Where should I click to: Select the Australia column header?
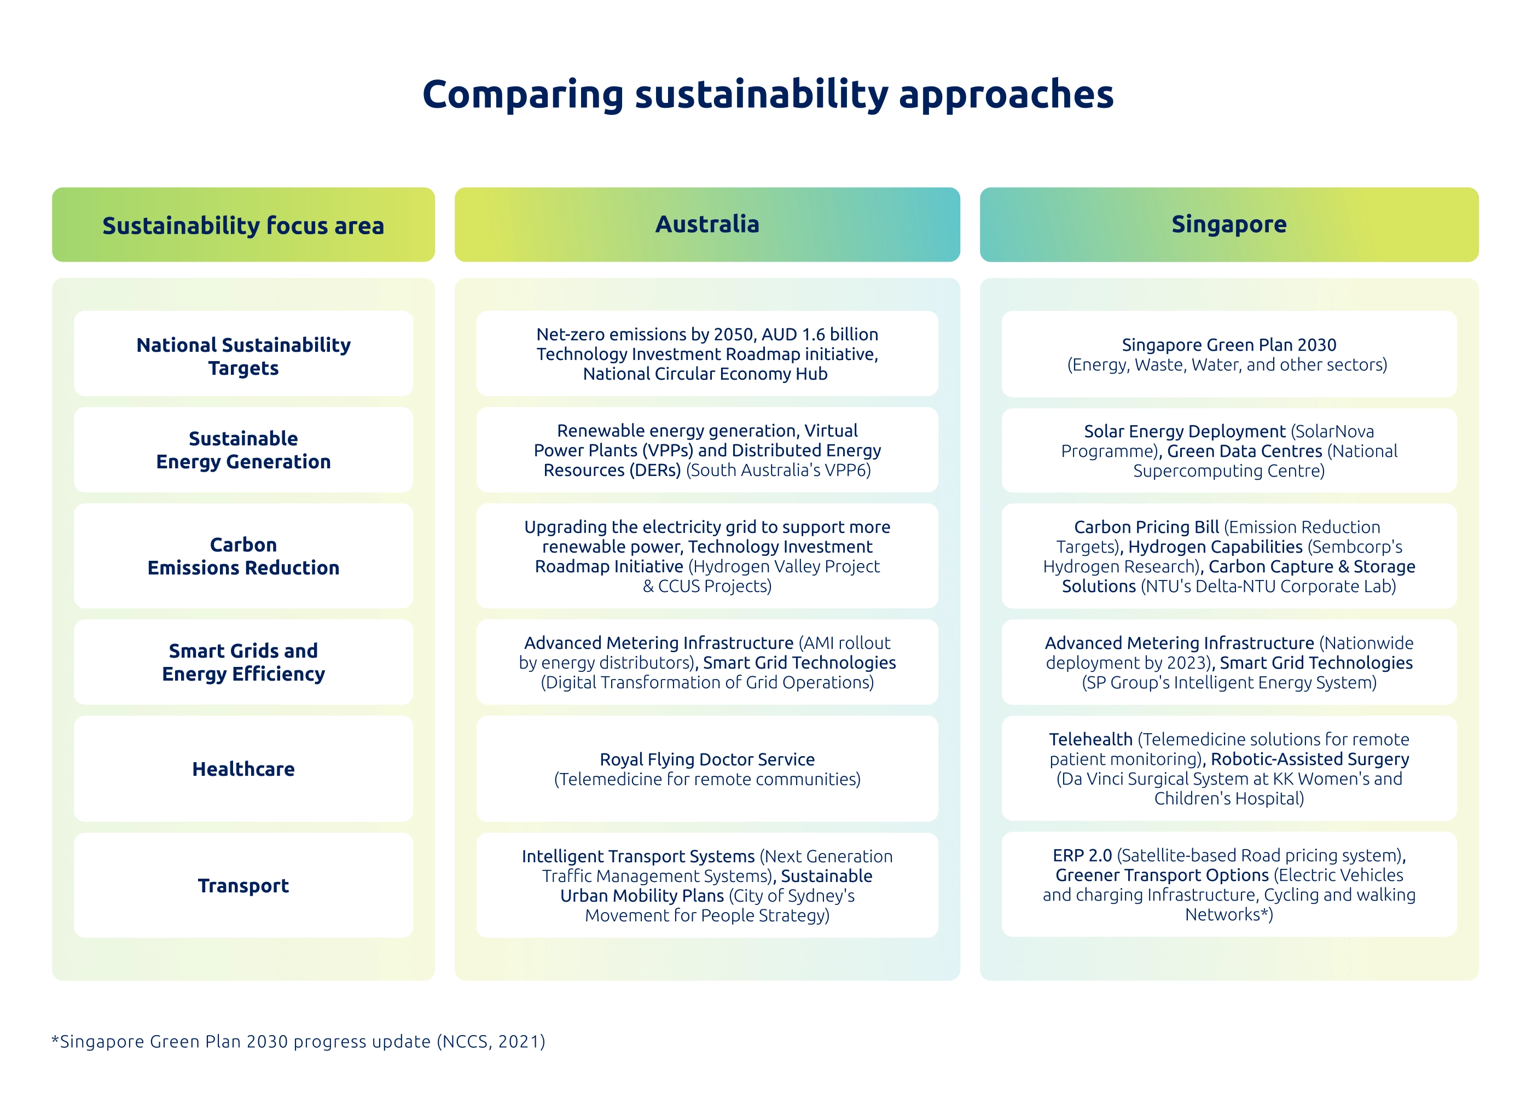point(707,224)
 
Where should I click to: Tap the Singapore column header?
point(1229,224)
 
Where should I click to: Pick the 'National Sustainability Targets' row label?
point(243,356)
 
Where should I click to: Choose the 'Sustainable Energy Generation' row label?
point(243,450)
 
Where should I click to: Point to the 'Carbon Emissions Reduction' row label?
point(243,556)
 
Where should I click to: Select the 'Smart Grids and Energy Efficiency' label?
point(243,662)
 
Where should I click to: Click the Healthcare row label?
point(243,769)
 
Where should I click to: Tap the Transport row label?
point(243,885)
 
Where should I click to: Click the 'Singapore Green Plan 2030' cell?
point(1229,354)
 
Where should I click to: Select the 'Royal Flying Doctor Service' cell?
point(707,769)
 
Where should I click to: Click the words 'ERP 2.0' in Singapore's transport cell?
point(1082,855)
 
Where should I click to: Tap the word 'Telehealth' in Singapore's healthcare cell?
point(1091,739)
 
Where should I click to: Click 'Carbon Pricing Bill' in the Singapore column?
point(1146,527)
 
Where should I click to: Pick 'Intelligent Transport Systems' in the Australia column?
point(639,856)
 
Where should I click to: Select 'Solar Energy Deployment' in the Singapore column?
point(1185,432)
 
